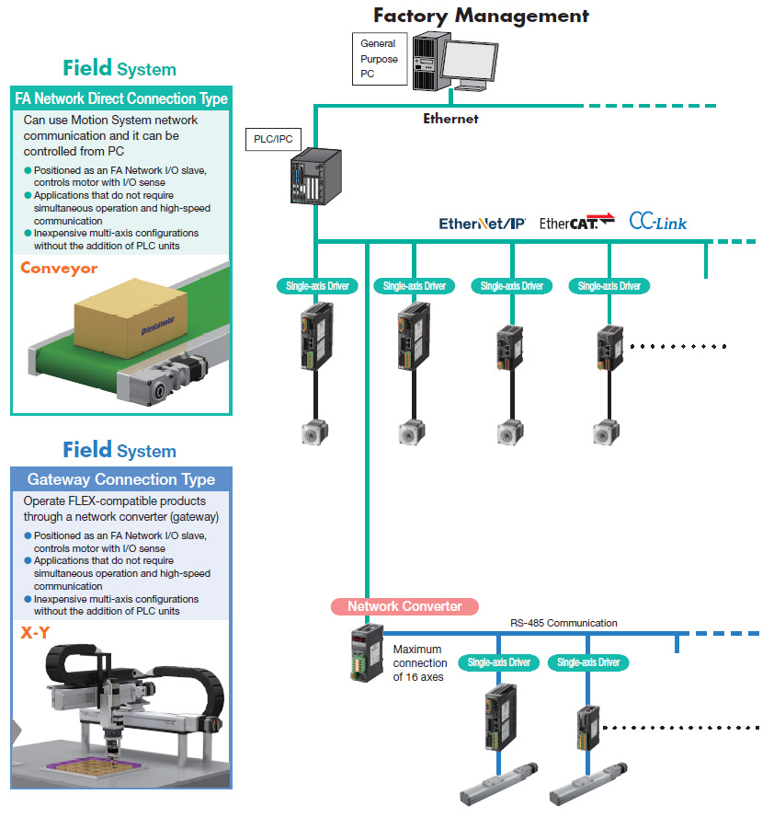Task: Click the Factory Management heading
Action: point(481,16)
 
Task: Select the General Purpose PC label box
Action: point(379,59)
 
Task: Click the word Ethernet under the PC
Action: point(450,119)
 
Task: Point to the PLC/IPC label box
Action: point(272,140)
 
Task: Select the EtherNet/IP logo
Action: point(482,224)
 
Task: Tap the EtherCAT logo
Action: point(576,223)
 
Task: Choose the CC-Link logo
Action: point(658,222)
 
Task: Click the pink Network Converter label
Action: point(404,606)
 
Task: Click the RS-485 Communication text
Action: point(564,623)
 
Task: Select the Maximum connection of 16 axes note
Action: point(420,663)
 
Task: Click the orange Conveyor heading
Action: point(59,269)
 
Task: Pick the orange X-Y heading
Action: point(35,633)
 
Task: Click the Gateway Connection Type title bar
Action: point(121,479)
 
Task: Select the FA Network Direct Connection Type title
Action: point(121,98)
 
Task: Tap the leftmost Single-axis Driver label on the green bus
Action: point(313,286)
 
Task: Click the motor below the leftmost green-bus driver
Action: point(313,432)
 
